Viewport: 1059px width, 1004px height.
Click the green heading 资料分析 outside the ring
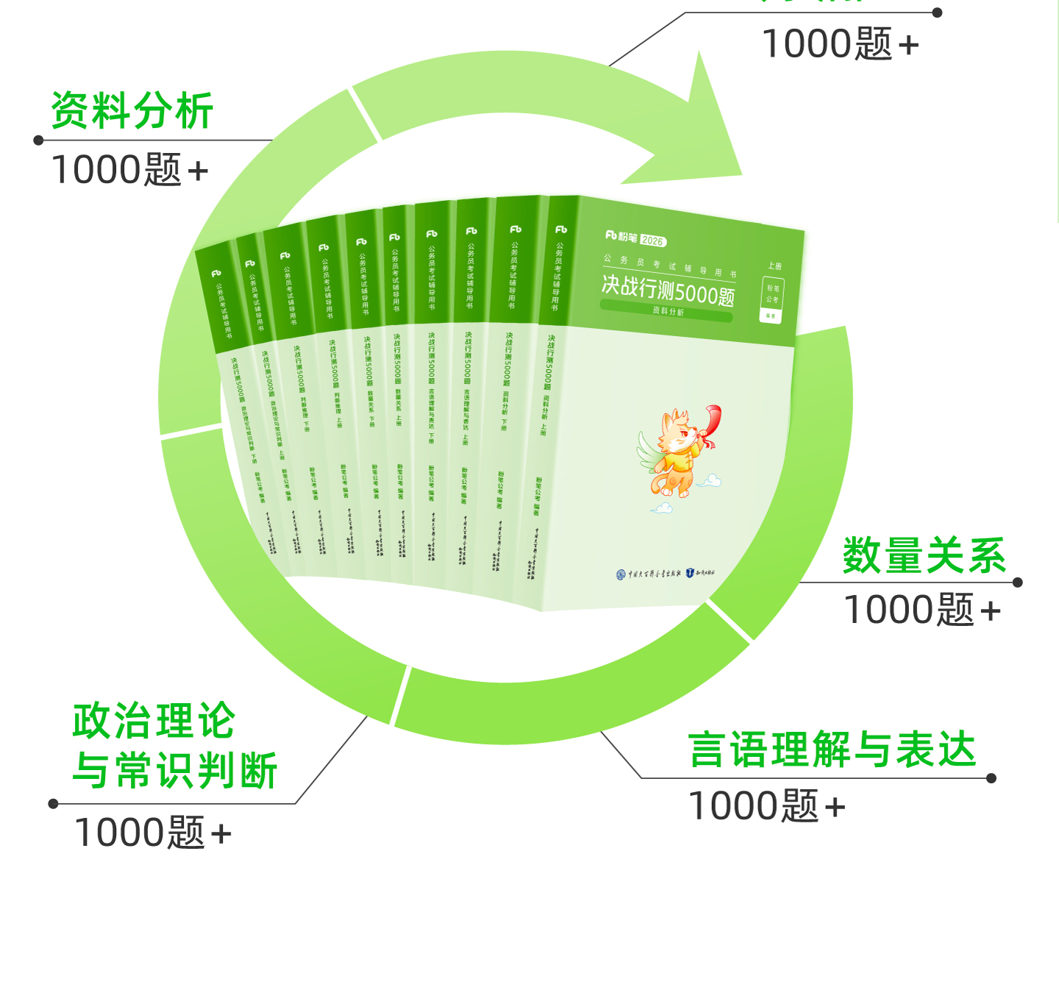[132, 111]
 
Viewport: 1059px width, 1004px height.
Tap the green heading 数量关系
[924, 555]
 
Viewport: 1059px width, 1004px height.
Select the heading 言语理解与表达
[832, 750]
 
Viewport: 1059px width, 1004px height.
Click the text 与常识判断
[175, 771]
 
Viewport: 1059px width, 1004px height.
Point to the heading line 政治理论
[154, 721]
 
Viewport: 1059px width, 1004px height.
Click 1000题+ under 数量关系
[921, 610]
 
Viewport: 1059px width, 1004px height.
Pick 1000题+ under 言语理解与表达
[766, 806]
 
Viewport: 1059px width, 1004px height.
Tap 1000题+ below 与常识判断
[152, 833]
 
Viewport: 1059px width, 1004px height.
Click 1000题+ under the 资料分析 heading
[129, 170]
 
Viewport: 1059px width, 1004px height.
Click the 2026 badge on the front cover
[652, 241]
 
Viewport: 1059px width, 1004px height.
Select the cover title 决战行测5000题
[668, 290]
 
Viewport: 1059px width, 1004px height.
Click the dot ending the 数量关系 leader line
[1018, 583]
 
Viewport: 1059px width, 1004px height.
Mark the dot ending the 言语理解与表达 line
[991, 778]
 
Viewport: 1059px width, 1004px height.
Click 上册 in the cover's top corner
[774, 266]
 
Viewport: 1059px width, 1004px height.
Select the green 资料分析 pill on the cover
[667, 312]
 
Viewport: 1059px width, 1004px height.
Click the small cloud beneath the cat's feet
[661, 508]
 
